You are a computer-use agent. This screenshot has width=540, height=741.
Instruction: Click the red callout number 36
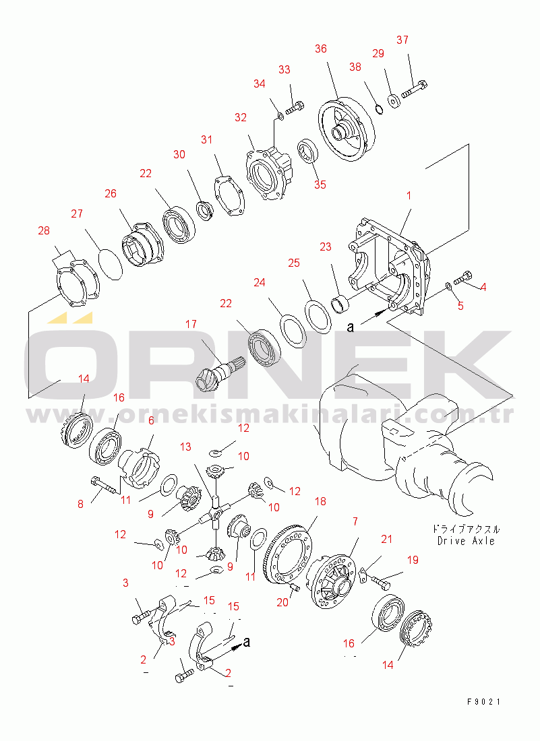(x=321, y=49)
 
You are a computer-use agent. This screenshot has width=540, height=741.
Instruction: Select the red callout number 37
(x=402, y=40)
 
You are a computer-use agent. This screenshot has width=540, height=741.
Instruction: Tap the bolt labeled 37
(x=414, y=90)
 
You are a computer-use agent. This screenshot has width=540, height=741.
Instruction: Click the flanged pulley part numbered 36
(x=346, y=129)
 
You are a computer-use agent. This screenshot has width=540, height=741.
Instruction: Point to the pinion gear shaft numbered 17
(x=218, y=371)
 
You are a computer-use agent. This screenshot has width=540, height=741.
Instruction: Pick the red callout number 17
(x=191, y=324)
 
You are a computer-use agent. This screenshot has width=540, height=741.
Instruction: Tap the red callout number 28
(x=44, y=230)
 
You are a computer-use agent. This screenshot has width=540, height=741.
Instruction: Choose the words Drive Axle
(x=466, y=541)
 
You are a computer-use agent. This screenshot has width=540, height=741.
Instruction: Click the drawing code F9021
(x=484, y=702)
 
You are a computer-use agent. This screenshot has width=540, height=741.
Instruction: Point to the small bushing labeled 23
(x=340, y=304)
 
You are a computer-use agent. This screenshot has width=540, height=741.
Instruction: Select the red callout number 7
(x=355, y=521)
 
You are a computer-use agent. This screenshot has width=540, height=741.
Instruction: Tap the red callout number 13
(x=185, y=447)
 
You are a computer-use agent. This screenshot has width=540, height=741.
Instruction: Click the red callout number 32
(x=240, y=117)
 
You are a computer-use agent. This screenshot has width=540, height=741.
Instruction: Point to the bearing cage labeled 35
(x=308, y=152)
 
